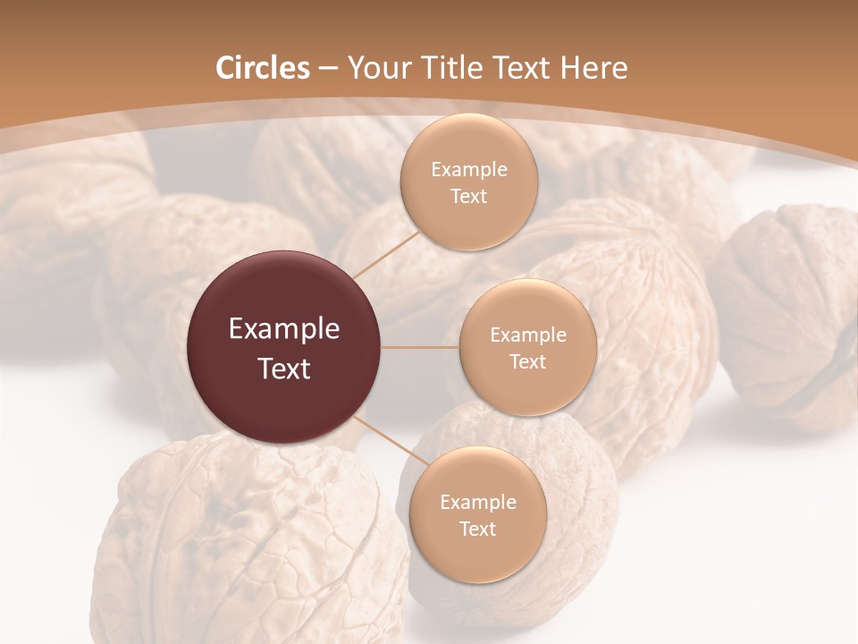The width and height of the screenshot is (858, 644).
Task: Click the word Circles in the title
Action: [263, 68]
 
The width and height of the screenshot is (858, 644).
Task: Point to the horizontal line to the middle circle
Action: [420, 347]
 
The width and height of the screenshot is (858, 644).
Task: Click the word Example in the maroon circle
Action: [284, 329]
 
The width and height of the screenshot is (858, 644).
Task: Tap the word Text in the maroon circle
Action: [284, 369]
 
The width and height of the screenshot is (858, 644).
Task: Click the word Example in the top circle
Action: [468, 170]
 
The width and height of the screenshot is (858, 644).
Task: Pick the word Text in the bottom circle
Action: [477, 529]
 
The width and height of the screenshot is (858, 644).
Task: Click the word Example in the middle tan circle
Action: [527, 335]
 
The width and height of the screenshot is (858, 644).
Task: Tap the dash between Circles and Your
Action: [328, 69]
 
